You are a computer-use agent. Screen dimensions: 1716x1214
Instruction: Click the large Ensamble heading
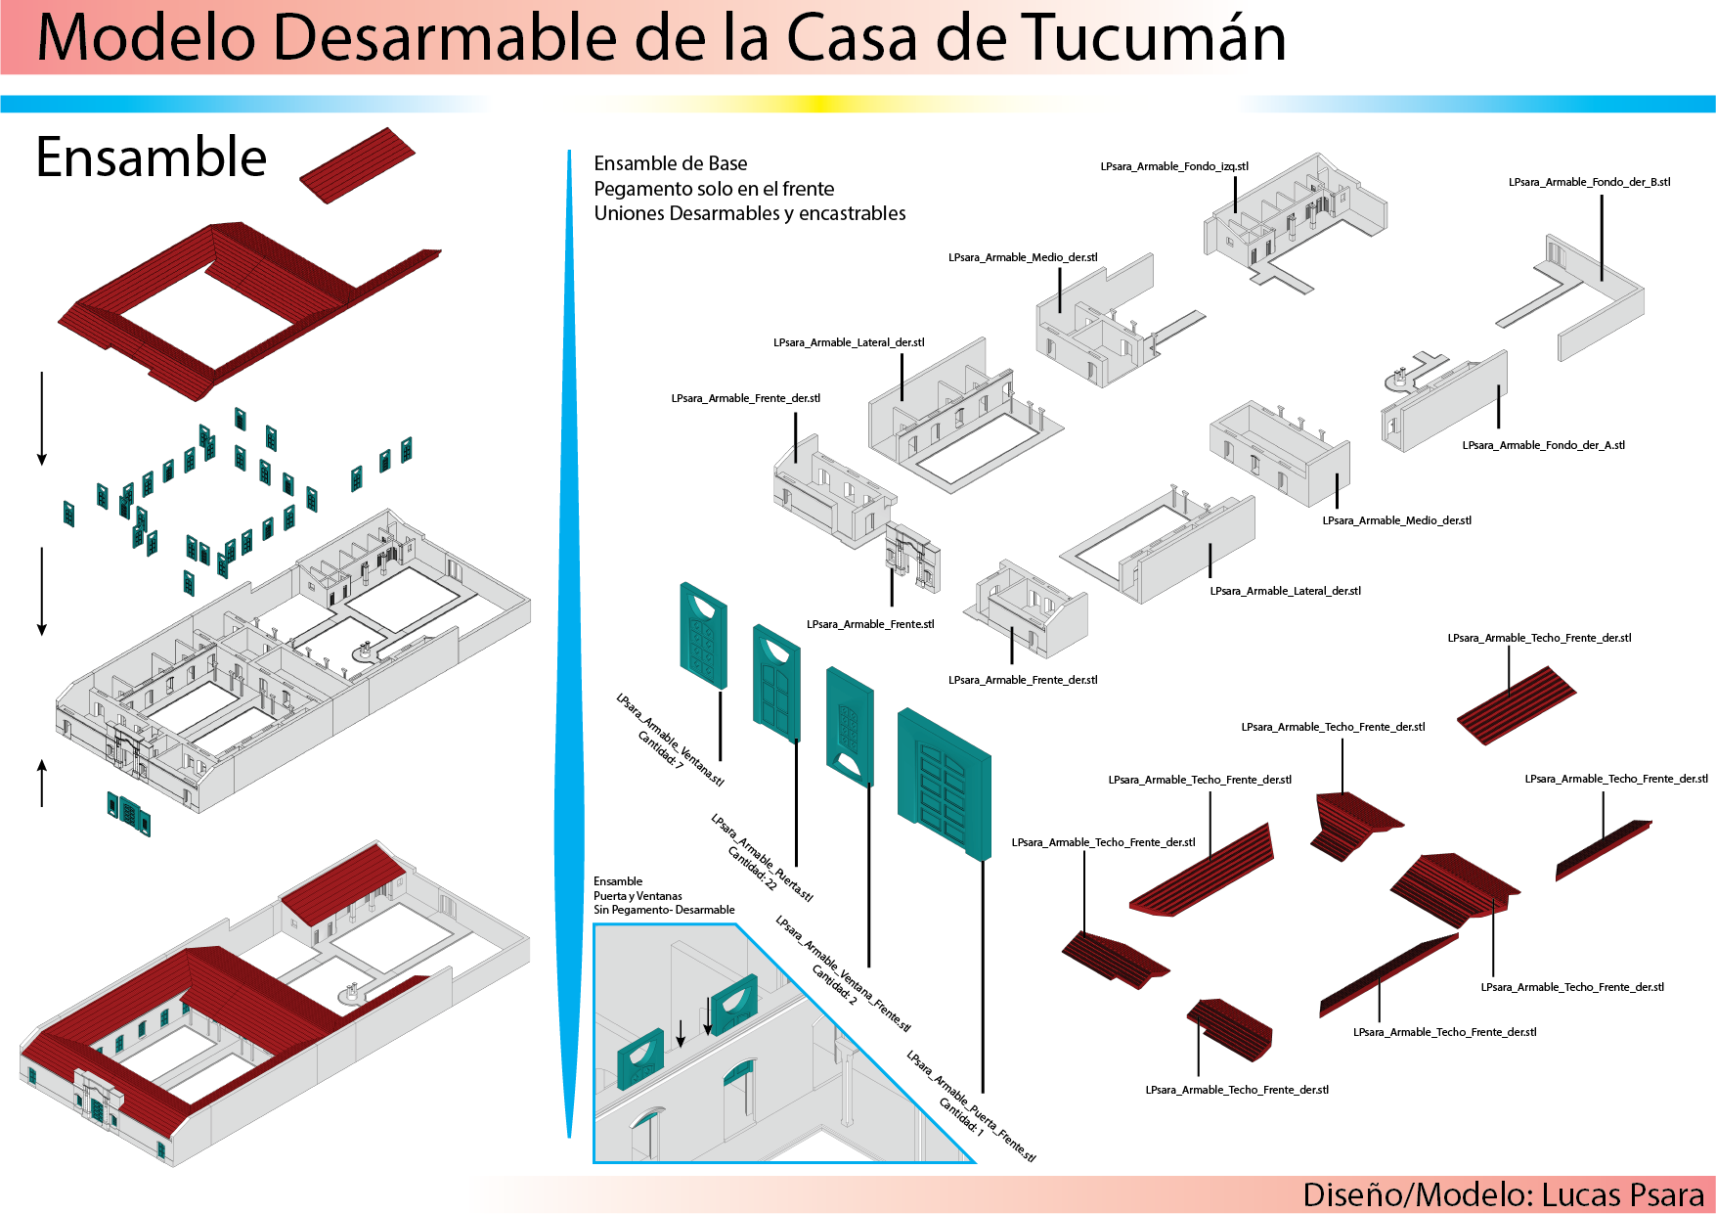coord(152,157)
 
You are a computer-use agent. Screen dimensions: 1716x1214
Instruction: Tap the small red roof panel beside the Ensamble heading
coord(357,165)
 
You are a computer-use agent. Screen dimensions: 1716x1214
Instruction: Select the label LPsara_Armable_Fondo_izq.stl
coord(1174,166)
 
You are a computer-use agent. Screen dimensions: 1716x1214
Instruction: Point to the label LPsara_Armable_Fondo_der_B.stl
coord(1589,182)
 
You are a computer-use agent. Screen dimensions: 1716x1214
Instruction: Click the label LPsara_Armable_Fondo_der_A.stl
coord(1543,445)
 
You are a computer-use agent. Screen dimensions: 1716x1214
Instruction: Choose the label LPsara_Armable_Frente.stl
coord(870,624)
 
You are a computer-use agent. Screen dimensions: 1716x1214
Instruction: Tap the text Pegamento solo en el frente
coord(714,189)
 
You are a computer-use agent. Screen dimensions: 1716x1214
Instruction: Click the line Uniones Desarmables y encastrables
coord(750,213)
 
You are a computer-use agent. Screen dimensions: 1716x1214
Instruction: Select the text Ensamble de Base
coord(671,163)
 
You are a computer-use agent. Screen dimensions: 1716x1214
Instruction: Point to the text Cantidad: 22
coord(752,869)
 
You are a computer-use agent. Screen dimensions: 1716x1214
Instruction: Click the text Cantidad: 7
coord(660,749)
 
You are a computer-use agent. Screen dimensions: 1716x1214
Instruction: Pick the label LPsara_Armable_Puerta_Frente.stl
coord(971,1106)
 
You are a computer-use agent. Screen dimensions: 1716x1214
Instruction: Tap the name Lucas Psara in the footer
coord(1622,1194)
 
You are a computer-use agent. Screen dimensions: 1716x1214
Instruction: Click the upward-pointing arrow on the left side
coord(42,783)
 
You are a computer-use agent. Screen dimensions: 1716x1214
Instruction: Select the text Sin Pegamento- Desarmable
coord(664,910)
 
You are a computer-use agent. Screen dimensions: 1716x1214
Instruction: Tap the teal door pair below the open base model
coord(129,813)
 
